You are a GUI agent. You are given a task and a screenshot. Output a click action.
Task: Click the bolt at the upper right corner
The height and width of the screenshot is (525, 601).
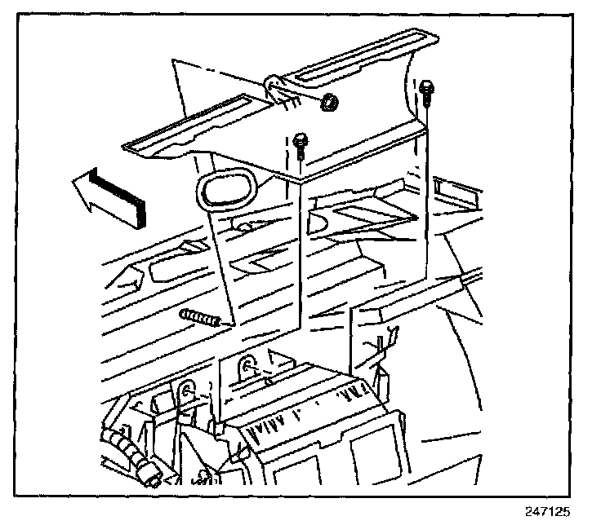[427, 90]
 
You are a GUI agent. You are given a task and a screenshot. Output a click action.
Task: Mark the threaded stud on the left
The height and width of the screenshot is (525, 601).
[198, 319]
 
